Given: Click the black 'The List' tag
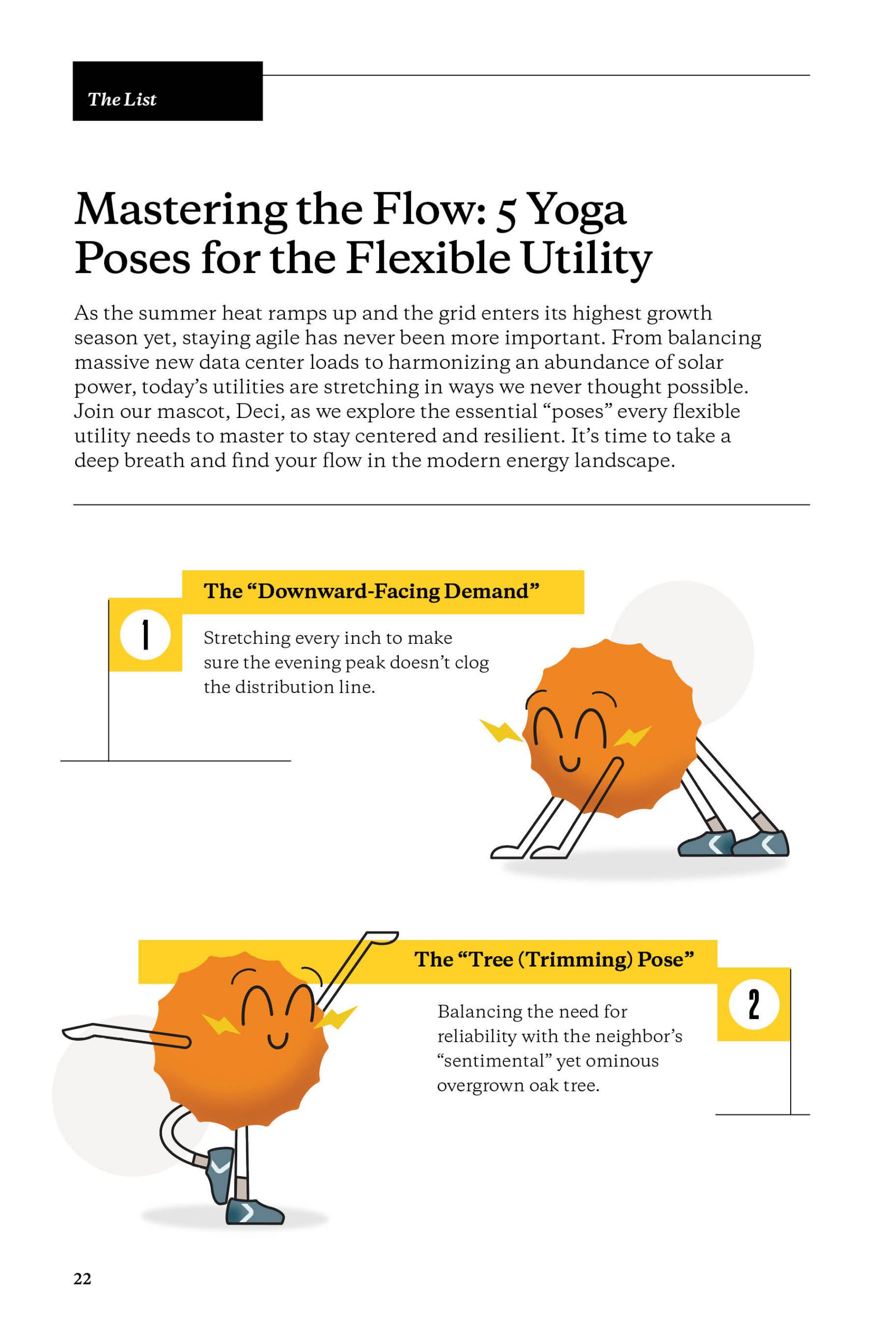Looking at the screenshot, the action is click(x=167, y=91).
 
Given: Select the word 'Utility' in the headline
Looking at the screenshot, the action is click(x=586, y=259).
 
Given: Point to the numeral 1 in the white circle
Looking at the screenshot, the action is click(x=146, y=636).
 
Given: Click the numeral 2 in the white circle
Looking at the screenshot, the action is click(x=754, y=1005).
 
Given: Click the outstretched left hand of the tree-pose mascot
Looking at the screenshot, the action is click(x=79, y=1031).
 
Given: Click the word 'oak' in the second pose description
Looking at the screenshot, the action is click(x=545, y=1085).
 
